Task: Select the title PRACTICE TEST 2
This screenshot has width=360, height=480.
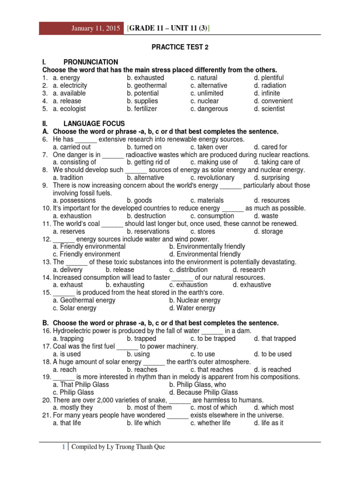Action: click(x=180, y=47)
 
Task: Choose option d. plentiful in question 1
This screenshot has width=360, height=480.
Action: click(x=269, y=78)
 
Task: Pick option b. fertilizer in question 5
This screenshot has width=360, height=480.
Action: click(x=142, y=109)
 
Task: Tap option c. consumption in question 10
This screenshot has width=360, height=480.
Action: click(x=212, y=216)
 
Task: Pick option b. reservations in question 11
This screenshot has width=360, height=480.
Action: click(x=148, y=232)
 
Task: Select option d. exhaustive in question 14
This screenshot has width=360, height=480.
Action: click(x=252, y=285)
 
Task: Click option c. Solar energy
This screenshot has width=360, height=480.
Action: click(x=75, y=308)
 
